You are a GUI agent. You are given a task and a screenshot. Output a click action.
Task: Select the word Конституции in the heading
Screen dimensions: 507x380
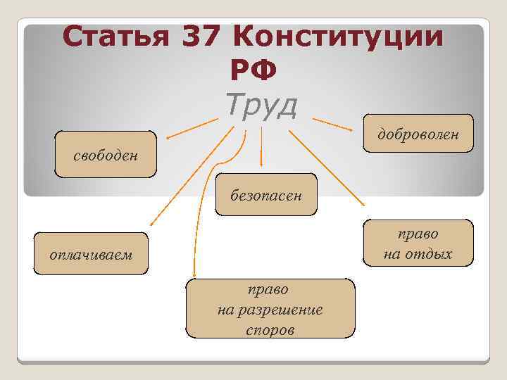tap(337, 37)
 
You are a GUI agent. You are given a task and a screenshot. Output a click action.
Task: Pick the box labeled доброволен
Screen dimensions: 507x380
tap(418, 133)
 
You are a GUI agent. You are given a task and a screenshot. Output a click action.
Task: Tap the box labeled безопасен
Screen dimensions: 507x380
tap(266, 194)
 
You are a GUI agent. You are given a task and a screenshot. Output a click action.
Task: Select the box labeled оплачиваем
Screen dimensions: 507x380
tap(92, 253)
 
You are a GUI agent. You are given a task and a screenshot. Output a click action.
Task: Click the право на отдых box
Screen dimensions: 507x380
tap(418, 243)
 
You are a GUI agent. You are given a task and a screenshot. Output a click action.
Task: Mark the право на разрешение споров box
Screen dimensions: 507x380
tap(270, 308)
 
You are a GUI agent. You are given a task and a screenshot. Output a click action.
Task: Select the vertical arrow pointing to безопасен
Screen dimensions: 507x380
tap(262, 148)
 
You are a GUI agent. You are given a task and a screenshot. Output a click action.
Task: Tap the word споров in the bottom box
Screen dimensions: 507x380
tap(270, 329)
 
